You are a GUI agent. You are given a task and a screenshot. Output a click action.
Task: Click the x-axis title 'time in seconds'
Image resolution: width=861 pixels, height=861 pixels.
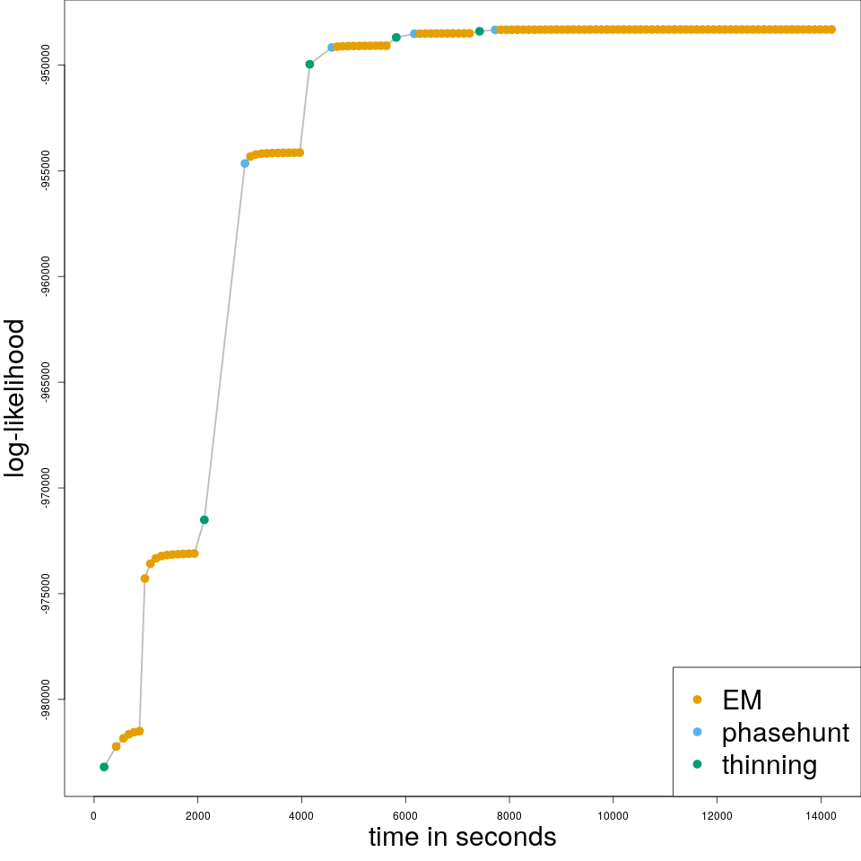[x=462, y=837]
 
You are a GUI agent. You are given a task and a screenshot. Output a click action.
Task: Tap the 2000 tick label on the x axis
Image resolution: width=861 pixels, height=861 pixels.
[x=197, y=815]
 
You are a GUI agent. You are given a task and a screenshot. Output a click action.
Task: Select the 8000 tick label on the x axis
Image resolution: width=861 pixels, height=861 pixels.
[x=509, y=815]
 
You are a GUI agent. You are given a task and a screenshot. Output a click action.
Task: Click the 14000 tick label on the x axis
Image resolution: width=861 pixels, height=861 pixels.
[x=821, y=815]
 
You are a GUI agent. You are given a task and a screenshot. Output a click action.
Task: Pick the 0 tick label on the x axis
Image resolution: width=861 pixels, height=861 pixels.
[x=93, y=815]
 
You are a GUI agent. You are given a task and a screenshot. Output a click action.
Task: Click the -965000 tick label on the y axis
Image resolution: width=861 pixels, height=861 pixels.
[x=46, y=383]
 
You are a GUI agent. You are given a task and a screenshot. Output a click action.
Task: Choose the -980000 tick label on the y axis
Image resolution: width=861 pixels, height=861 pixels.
[x=46, y=700]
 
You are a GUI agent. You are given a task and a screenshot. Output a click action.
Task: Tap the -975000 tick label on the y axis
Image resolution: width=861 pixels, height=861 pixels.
[x=46, y=595]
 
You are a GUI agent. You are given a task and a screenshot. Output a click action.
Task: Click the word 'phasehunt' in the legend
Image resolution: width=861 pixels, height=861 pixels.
[x=785, y=733]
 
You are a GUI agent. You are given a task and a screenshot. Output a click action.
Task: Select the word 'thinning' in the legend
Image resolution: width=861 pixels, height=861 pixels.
[x=769, y=765]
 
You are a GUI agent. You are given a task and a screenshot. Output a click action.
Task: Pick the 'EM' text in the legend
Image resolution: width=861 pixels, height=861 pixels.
[x=742, y=700]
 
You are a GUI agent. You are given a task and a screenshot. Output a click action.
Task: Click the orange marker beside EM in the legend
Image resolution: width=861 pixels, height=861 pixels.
[x=698, y=700]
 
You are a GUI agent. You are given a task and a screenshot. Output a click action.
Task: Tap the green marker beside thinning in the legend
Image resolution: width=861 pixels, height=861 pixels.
[x=698, y=764]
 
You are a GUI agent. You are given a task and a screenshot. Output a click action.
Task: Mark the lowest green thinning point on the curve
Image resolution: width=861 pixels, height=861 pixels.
[x=104, y=767]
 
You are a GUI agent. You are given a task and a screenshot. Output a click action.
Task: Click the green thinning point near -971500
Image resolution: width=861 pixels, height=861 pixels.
[x=204, y=520]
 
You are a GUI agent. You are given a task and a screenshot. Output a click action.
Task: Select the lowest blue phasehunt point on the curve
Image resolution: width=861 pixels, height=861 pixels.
[x=245, y=163]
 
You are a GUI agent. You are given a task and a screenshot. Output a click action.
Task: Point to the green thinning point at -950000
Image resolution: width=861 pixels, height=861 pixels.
[x=309, y=65]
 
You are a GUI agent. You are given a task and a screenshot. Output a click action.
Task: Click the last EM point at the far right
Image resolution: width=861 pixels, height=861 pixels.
[x=831, y=30]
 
